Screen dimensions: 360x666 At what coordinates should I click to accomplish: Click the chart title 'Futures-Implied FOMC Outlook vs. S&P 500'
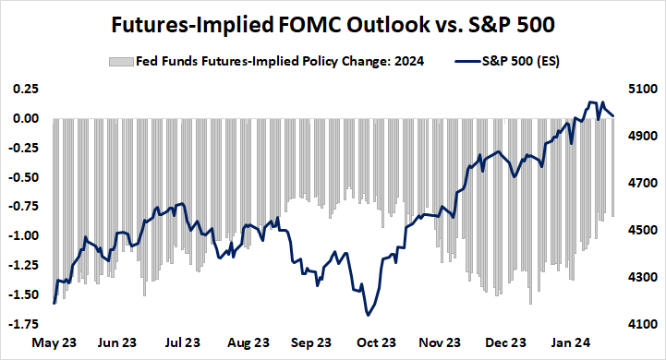pos(333,26)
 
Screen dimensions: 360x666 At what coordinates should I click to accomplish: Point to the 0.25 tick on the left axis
pos(25,89)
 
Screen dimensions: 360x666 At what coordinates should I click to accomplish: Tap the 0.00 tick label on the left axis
pos(25,118)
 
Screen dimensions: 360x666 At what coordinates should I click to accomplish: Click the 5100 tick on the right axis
pos(641,90)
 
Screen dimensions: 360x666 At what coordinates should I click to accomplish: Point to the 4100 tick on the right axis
pos(641,324)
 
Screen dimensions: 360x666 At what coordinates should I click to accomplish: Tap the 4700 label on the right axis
pos(641,184)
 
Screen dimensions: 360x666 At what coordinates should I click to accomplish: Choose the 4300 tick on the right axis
pos(641,277)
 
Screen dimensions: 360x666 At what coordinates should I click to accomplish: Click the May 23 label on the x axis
pos(54,342)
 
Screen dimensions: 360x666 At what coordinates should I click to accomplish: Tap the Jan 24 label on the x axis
pos(579,342)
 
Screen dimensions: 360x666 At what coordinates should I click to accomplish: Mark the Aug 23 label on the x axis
pos(250,342)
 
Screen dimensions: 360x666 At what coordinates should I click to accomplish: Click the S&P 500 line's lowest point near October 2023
pos(369,315)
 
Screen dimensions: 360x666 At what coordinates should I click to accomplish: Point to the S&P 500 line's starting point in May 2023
pos(54,303)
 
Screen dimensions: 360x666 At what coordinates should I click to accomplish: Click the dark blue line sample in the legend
pos(470,62)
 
